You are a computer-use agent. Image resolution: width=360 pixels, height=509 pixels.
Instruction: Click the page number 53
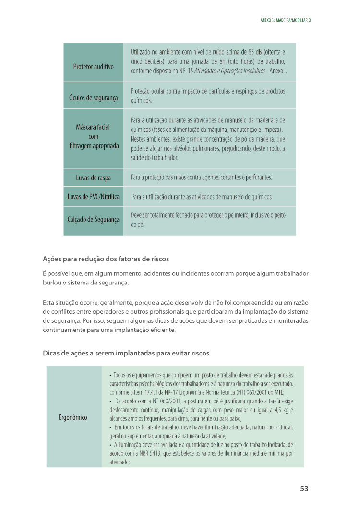pos(304,489)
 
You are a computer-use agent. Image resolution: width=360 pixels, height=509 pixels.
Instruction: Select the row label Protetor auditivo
pos(94,67)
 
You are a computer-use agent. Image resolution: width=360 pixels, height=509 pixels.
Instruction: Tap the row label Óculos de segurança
pos(94,98)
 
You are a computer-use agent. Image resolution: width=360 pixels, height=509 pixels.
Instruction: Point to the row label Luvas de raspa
pos(94,178)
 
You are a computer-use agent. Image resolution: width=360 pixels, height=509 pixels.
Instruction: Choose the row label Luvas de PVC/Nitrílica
pos(94,197)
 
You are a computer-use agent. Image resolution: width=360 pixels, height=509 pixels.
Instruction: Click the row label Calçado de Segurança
pos(94,220)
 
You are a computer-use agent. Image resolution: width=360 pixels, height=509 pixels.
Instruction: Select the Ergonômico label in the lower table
pos(73,417)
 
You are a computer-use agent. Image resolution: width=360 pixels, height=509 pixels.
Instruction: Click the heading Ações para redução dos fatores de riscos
pos(106,259)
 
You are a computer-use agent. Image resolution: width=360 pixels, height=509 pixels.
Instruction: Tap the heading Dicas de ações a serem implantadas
pos(126,354)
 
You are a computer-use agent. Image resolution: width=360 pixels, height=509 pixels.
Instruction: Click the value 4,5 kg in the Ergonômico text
pos(276,410)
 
